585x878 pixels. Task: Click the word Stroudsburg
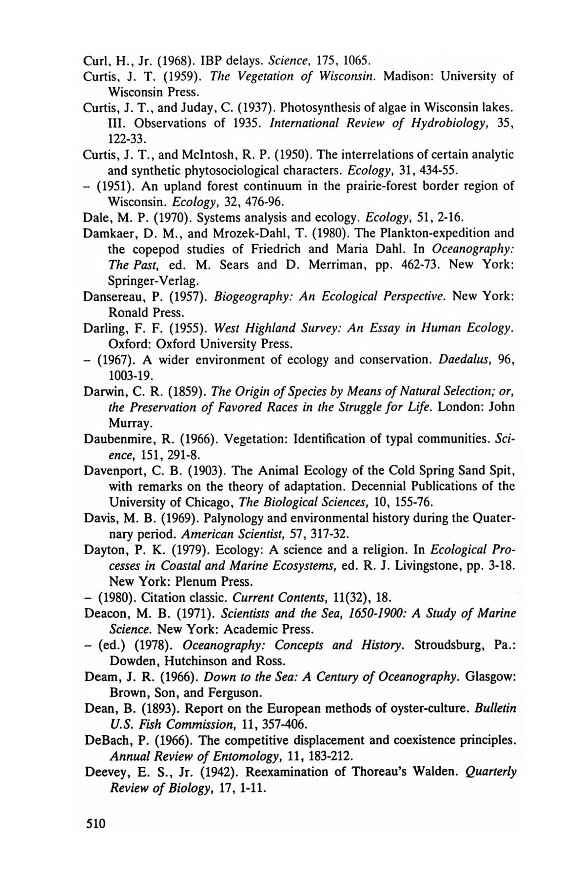450,645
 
